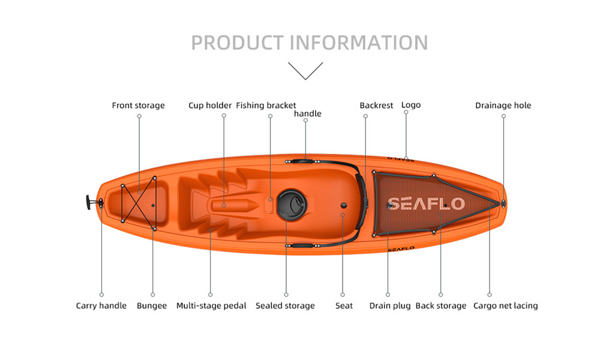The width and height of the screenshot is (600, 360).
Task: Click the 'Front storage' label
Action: coord(138,106)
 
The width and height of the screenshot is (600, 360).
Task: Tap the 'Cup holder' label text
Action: coord(210,106)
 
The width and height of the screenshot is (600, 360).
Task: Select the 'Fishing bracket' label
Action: coord(266,106)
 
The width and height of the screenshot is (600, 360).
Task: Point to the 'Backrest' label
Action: coord(376,106)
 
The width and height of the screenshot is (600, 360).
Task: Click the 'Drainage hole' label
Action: coord(503,106)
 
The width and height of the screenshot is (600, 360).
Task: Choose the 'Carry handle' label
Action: coord(101,305)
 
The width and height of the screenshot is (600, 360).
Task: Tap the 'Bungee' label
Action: coord(152,306)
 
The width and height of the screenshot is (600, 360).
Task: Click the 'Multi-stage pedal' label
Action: coord(211,306)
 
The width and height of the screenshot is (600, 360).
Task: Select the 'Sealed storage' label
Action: coord(285,306)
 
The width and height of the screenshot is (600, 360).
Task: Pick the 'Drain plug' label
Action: coord(390,306)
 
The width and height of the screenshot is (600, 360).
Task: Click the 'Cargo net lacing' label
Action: coord(505,306)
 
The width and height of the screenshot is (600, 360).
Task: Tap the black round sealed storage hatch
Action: coord(292,205)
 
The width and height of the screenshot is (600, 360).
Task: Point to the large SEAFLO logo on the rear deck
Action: coord(426,204)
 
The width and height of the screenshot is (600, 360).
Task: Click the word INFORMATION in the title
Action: coord(359,43)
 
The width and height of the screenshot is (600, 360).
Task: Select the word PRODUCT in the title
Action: coord(237,43)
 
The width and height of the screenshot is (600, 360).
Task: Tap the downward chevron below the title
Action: coord(305,71)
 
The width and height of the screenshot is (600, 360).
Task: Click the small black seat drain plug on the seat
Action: coord(344,205)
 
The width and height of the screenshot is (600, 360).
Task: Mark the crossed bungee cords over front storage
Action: coord(139,203)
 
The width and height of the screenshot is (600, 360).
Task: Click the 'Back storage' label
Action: coord(441,306)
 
